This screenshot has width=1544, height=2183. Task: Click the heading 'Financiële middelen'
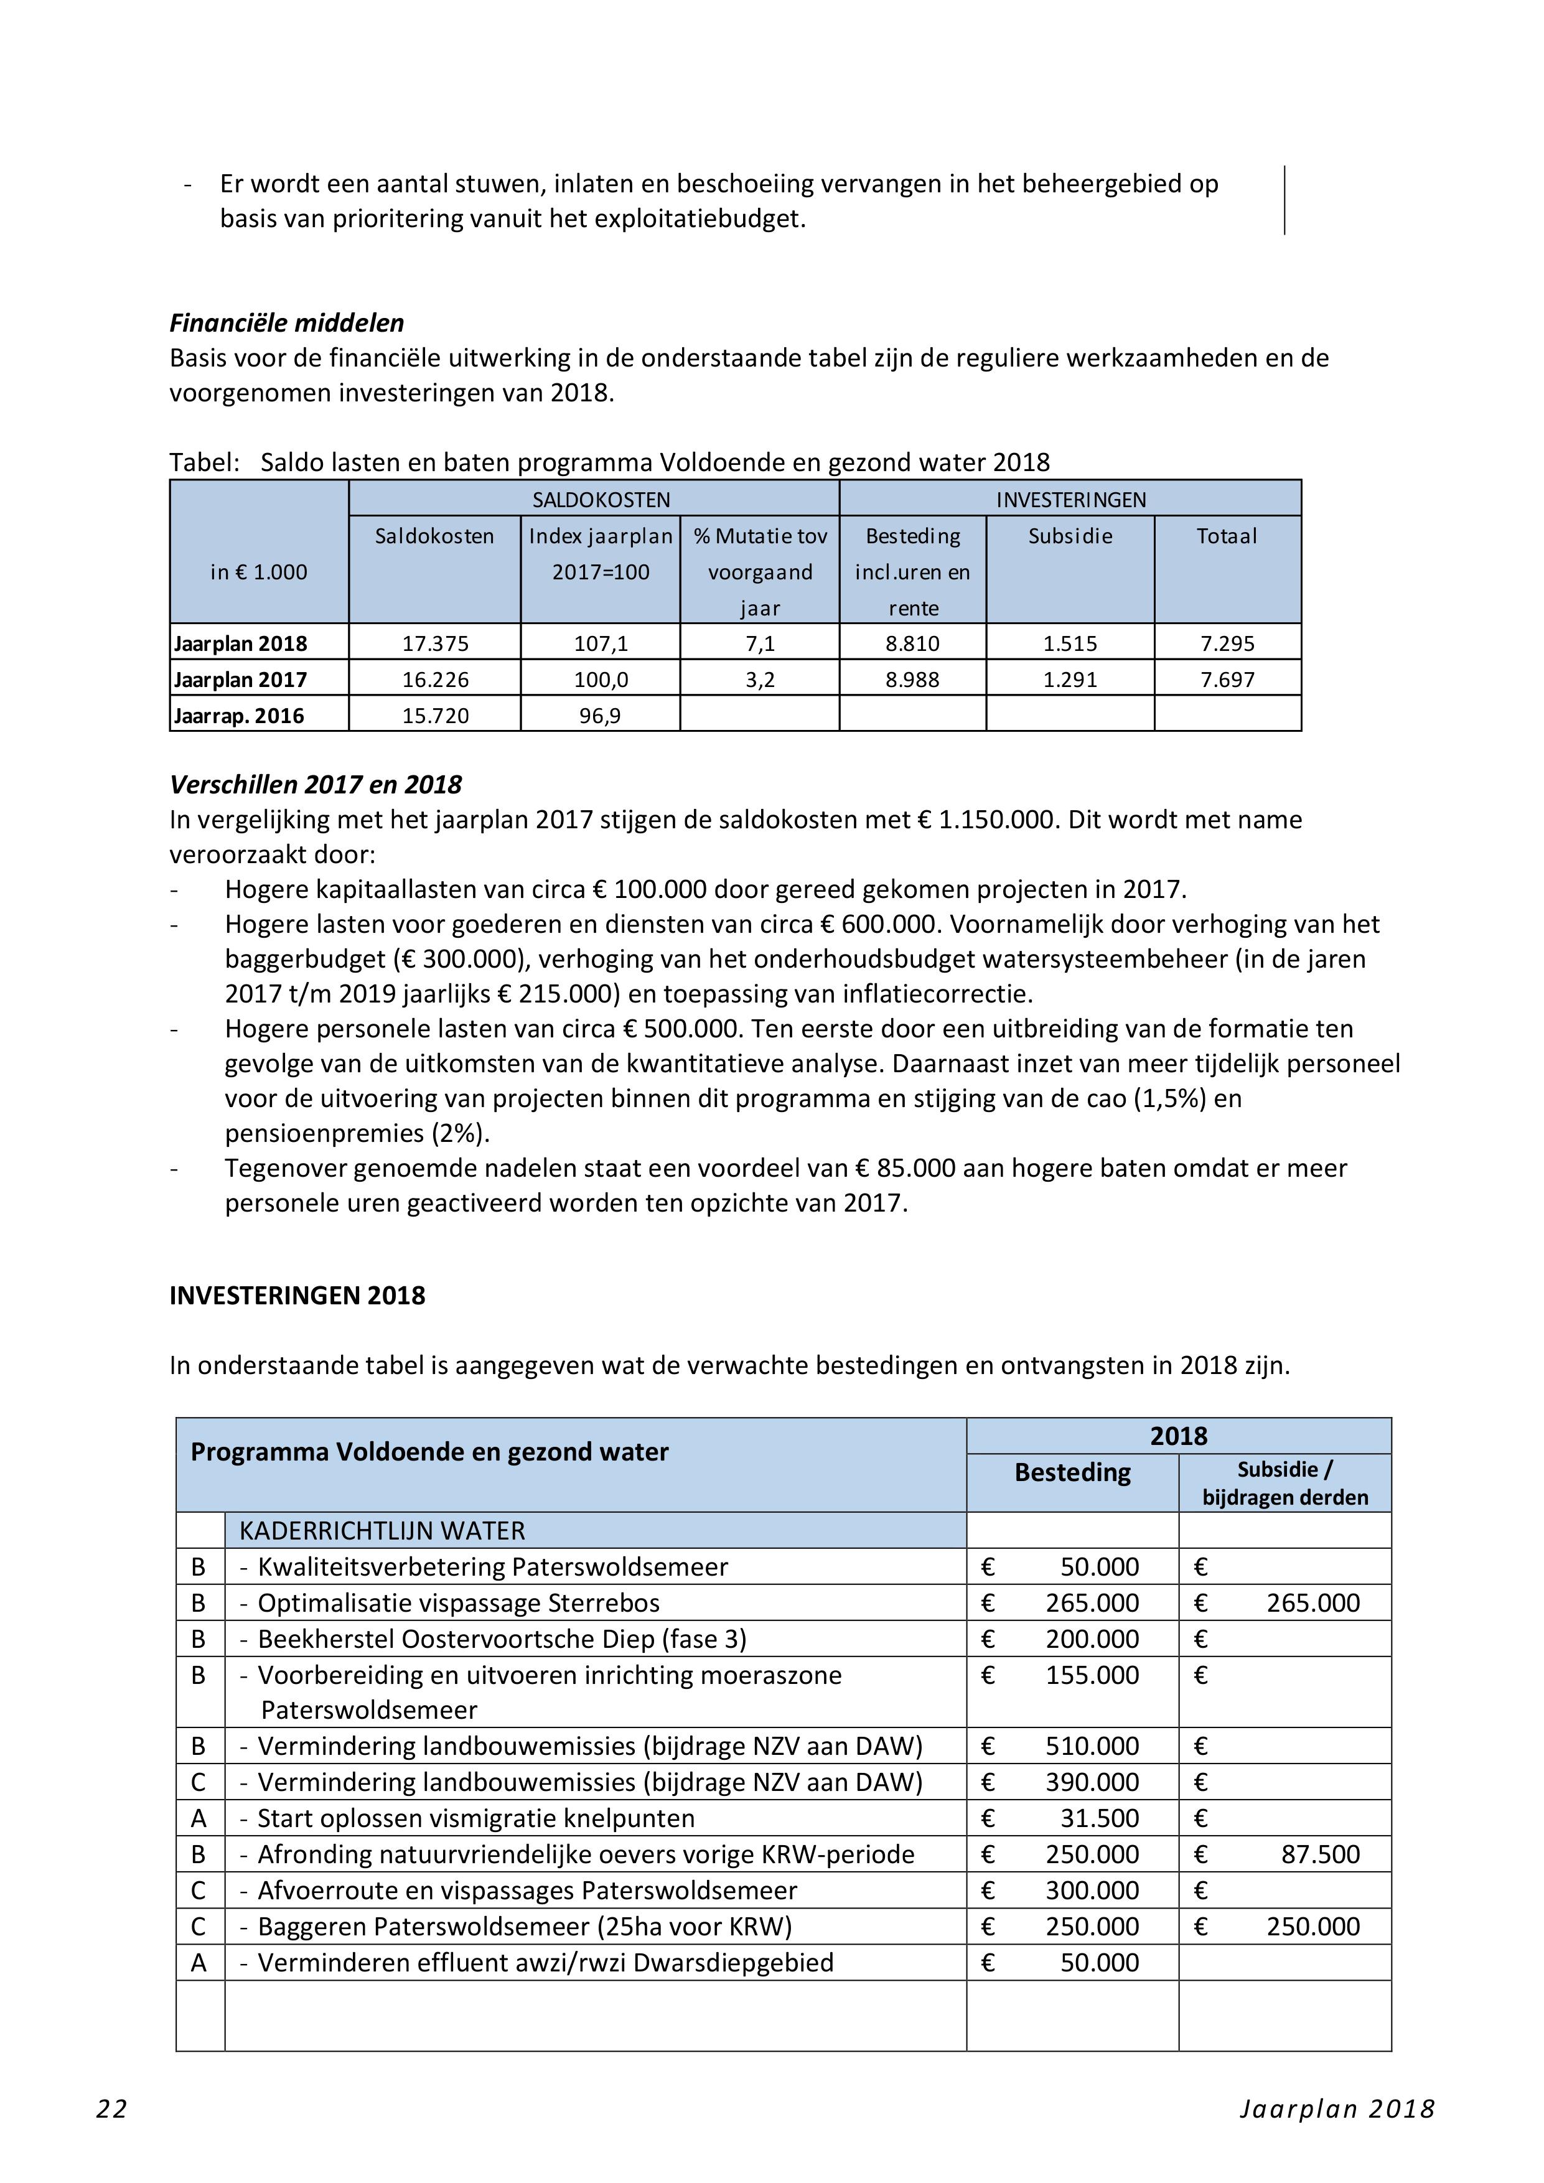[x=286, y=323]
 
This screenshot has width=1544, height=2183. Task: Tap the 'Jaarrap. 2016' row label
[x=238, y=716]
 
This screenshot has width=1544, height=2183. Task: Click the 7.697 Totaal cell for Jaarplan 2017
[x=1227, y=680]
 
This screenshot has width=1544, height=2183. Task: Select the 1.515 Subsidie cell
[x=1070, y=643]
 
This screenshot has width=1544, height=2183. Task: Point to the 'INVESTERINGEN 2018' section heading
[x=297, y=1296]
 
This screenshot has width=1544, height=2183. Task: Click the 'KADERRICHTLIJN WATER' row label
[x=382, y=1531]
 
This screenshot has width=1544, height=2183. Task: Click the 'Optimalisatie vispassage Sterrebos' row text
[x=457, y=1603]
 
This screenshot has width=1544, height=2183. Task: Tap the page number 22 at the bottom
[x=111, y=2109]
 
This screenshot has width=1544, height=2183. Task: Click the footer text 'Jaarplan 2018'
[x=1337, y=2109]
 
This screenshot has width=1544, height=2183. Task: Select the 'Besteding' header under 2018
[x=1072, y=1473]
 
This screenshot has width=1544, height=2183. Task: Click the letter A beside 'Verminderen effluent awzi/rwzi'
[x=199, y=1963]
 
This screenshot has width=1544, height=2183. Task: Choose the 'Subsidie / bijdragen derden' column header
[x=1284, y=1483]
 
